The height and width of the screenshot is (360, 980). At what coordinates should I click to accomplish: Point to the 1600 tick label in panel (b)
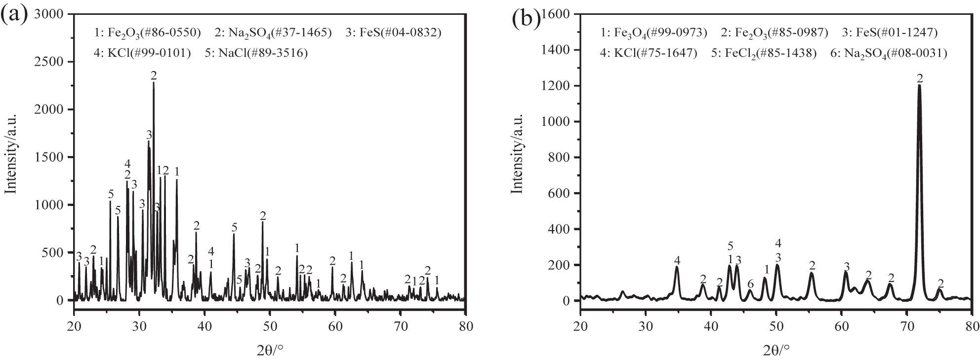(x=557, y=14)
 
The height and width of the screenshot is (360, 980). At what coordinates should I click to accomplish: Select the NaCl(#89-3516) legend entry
(x=256, y=52)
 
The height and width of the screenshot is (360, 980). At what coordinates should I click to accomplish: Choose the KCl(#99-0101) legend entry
(x=143, y=52)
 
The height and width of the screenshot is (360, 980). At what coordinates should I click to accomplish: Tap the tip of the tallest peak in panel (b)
(x=919, y=85)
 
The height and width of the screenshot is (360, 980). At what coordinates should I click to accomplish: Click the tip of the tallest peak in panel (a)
(x=154, y=82)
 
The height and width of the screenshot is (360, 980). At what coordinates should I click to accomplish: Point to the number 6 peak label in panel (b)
(x=750, y=283)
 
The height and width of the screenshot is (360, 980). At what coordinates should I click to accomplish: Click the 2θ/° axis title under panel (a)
(x=270, y=337)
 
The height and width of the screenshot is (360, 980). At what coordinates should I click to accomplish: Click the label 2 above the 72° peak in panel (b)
(x=919, y=78)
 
